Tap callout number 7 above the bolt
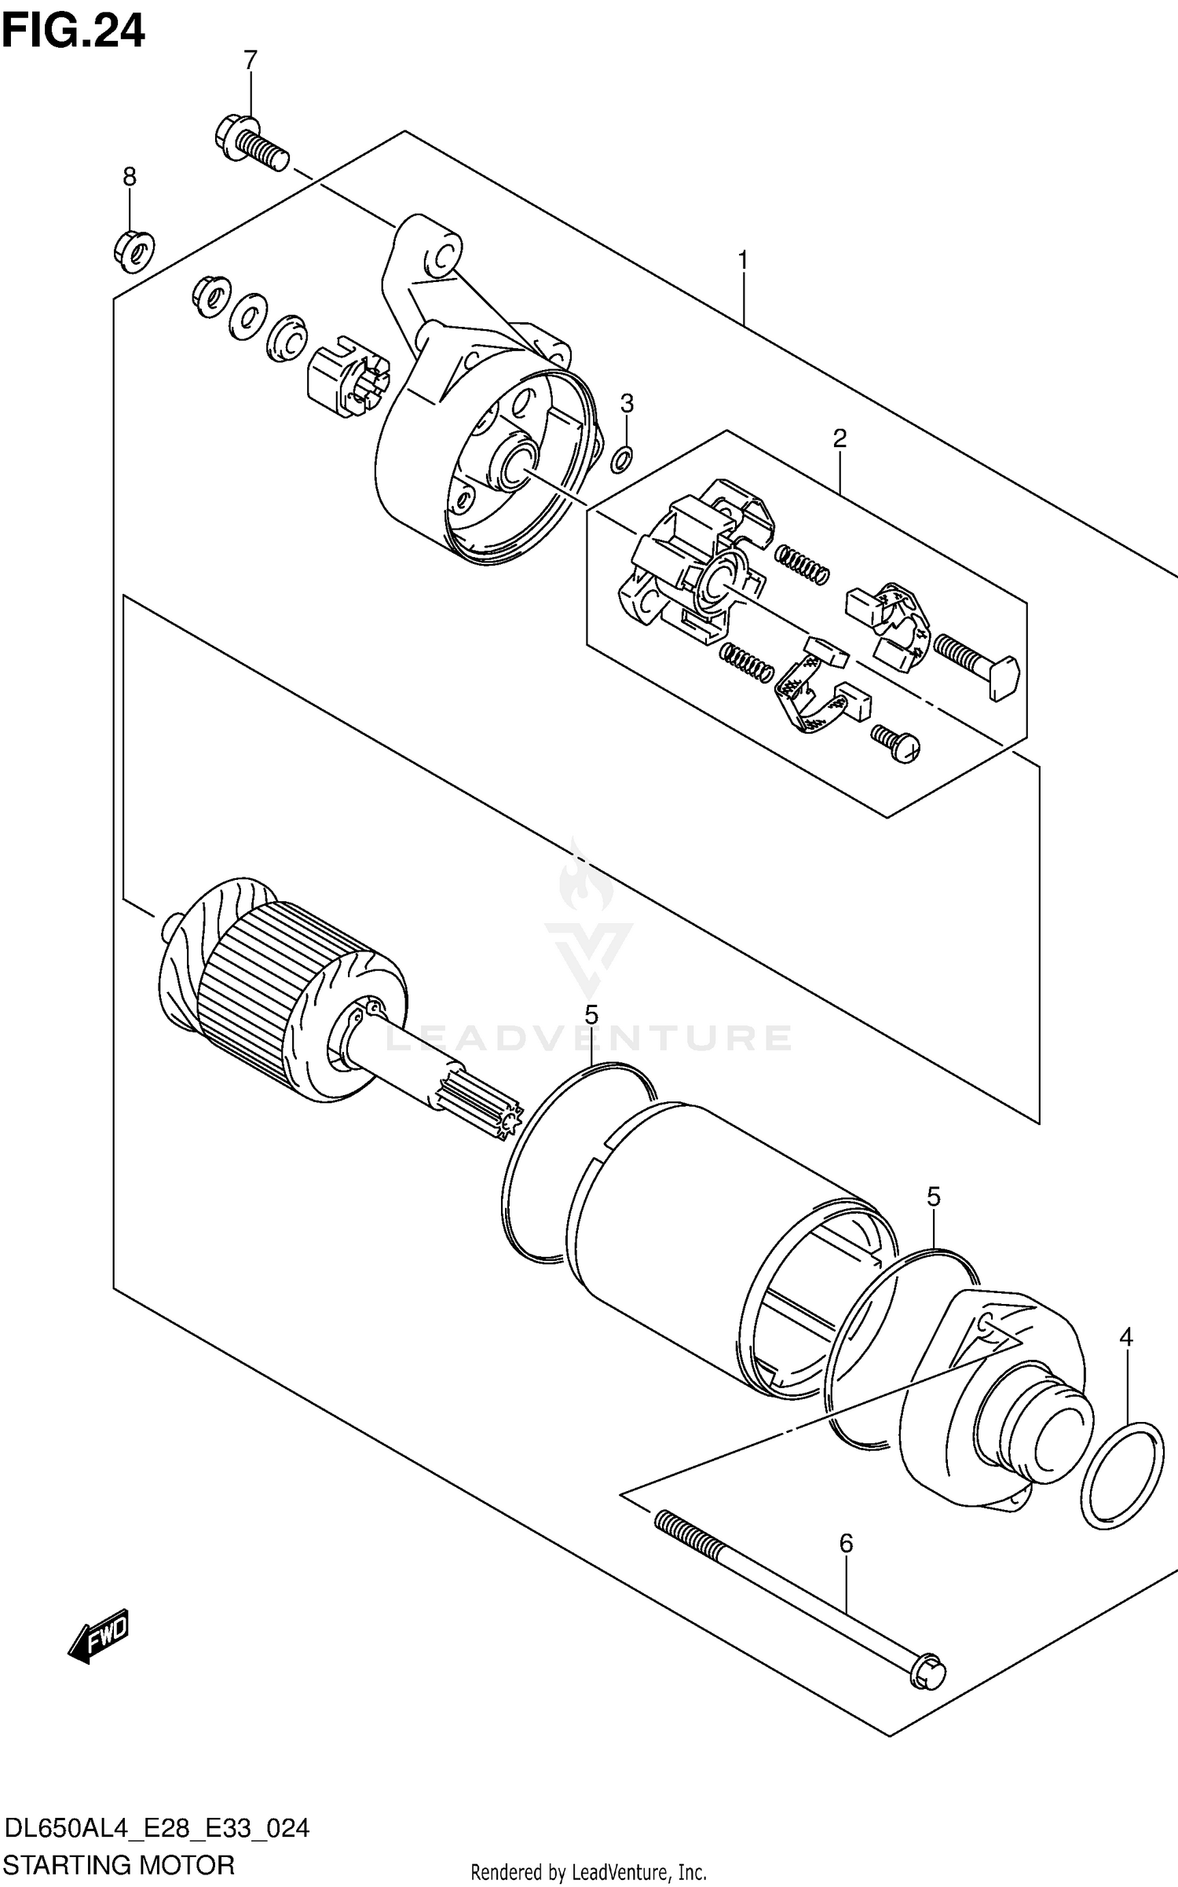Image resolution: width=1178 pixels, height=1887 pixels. (x=250, y=60)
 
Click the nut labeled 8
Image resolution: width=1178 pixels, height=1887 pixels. (x=134, y=251)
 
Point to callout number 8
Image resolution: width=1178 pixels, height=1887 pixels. (x=130, y=178)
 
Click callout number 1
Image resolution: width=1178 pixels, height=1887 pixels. (x=741, y=261)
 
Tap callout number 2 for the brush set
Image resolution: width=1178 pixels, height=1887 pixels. (x=840, y=438)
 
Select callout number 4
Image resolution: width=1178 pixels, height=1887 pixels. (x=1125, y=1337)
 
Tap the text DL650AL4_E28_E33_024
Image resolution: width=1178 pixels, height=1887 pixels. (x=156, y=1823)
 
